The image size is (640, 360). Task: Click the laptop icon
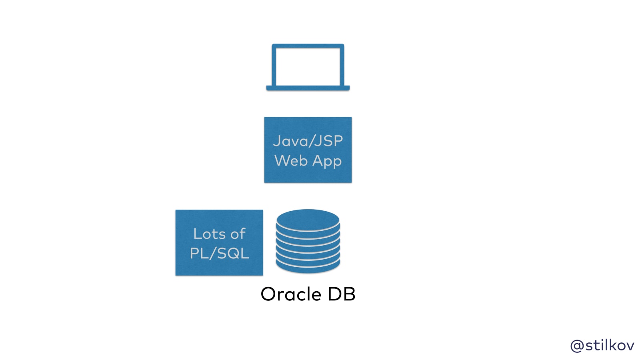308,67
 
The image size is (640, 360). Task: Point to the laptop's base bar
308,88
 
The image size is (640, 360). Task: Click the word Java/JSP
308,141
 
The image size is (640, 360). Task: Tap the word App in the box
327,161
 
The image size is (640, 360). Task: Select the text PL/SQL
219,253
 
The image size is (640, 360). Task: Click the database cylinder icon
308,241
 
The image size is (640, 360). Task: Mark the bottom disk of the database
308,266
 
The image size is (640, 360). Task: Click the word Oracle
291,294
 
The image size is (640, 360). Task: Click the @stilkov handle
602,345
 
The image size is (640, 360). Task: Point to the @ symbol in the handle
577,346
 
